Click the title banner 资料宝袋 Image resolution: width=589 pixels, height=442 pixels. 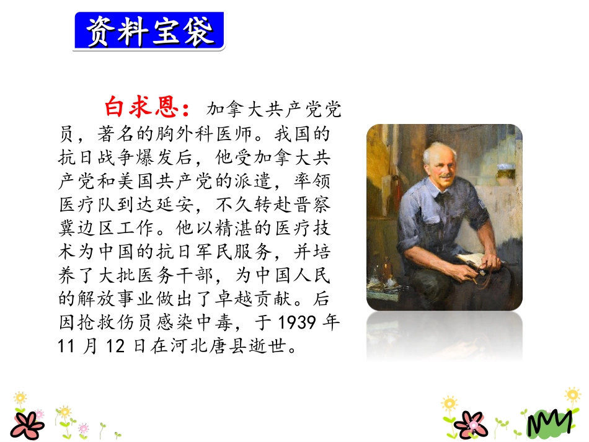point(149,32)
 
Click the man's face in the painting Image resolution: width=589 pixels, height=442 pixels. point(441,166)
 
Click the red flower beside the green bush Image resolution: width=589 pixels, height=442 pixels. point(471,425)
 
